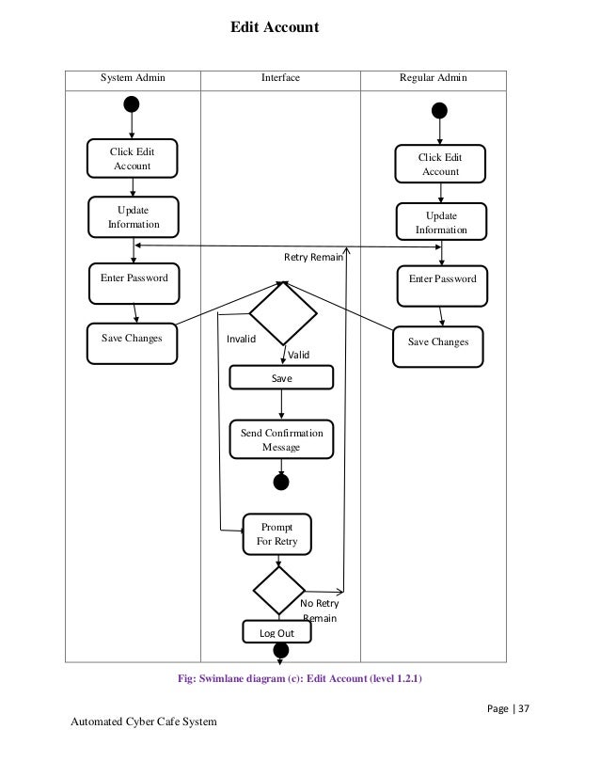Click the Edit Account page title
276,28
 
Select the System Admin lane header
133,78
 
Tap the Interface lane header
280,78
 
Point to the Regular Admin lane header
433,78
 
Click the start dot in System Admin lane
132,104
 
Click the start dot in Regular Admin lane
439,111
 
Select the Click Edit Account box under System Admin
132,159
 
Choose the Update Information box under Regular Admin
440,222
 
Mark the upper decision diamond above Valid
282,313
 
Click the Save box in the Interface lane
281,377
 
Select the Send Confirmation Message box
281,439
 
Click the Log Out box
276,633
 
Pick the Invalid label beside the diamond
242,340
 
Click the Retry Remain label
313,256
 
